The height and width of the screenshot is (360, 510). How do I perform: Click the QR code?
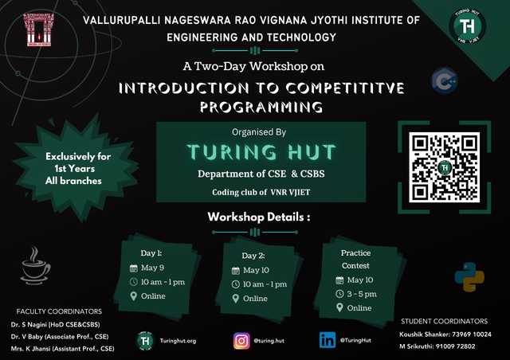click(445, 166)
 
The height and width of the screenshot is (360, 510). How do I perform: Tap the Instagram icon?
click(241, 340)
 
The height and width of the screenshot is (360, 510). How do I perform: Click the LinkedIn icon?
click(327, 340)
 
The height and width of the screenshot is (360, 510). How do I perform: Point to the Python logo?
click(469, 276)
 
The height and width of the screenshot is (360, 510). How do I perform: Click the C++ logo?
click(443, 81)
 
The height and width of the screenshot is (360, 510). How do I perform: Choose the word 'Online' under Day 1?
click(153, 295)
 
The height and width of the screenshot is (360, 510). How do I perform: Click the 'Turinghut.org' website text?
click(178, 340)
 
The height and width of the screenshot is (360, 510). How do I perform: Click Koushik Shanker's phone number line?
click(451, 335)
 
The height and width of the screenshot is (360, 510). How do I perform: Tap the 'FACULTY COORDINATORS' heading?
click(58, 311)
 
